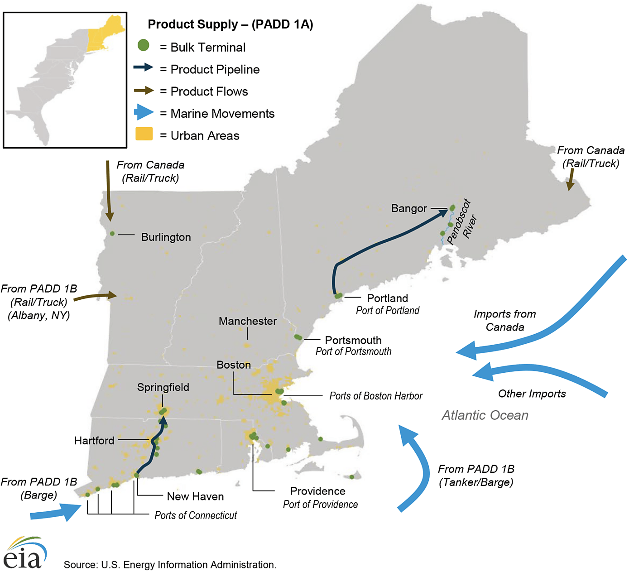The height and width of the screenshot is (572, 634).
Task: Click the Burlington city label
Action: [166, 237]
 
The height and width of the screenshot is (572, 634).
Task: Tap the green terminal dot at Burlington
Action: [112, 234]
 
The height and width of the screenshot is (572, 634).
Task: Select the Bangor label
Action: [409, 208]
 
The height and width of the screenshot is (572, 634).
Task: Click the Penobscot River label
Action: [462, 223]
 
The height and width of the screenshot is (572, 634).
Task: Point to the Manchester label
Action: [247, 321]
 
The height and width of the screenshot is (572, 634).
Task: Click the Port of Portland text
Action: [387, 311]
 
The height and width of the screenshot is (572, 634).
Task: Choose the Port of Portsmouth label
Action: [353, 351]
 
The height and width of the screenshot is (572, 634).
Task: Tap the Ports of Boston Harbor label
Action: [375, 396]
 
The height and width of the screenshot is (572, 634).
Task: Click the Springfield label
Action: [163, 387]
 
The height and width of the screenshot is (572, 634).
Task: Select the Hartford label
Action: [94, 441]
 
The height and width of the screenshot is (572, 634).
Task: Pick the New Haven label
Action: [195, 496]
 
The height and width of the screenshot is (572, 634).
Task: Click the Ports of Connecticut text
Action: [196, 515]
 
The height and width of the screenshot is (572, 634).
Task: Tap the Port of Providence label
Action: [320, 505]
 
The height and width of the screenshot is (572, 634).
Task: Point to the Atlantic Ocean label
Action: [485, 415]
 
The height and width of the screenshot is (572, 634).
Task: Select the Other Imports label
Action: [532, 394]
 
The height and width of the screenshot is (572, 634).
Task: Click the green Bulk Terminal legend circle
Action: [144, 45]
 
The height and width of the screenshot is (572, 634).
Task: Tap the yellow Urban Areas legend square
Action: [144, 134]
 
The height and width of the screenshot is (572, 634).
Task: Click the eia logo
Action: [25, 553]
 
